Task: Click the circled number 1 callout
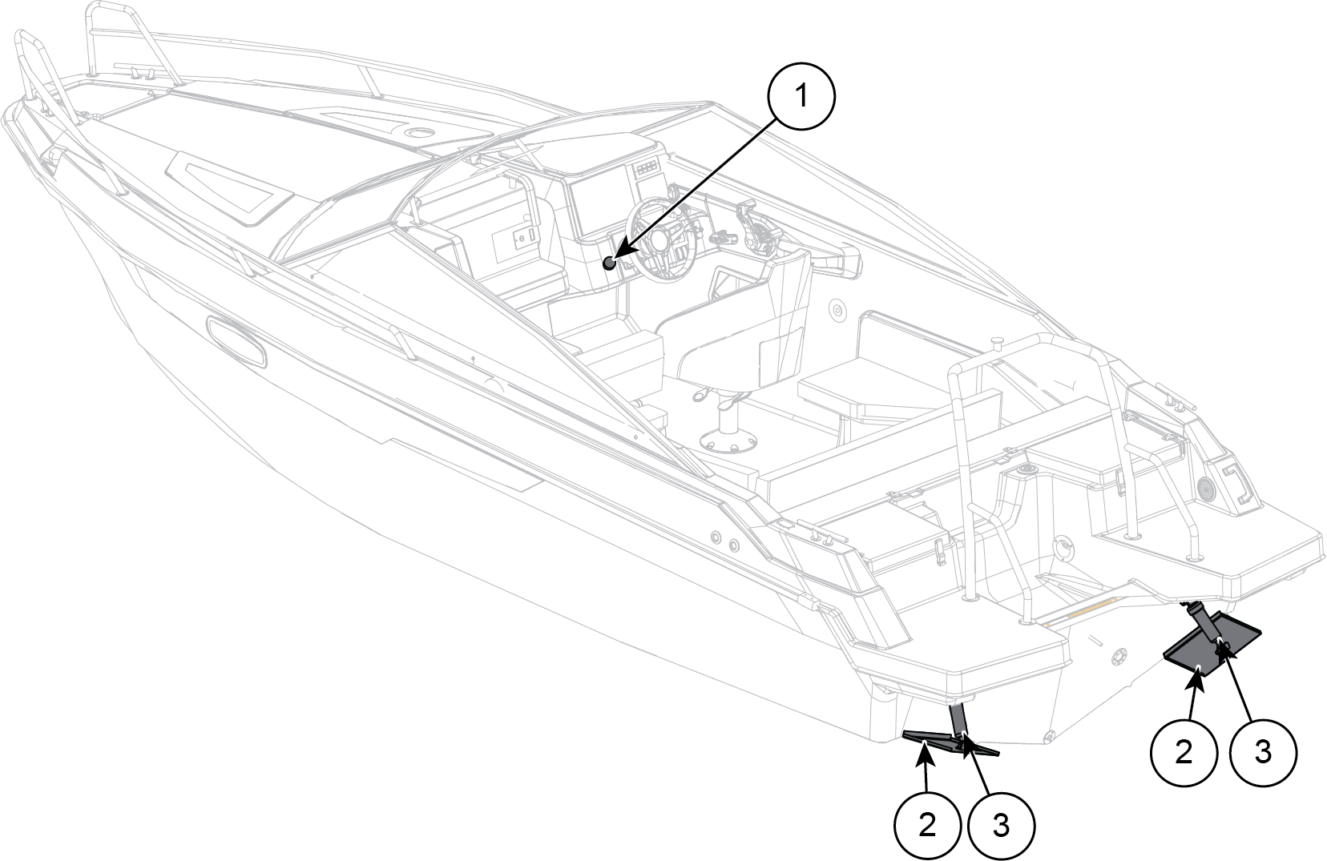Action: click(801, 96)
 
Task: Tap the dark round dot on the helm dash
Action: click(610, 264)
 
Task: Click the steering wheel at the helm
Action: click(662, 239)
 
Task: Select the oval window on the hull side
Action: click(236, 342)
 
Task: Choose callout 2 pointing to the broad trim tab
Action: click(1184, 753)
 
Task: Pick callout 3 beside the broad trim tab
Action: click(1263, 753)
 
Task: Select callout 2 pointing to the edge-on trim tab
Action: click(927, 825)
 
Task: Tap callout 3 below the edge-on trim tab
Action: click(1001, 825)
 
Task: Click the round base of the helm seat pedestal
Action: click(729, 441)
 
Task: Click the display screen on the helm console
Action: click(599, 207)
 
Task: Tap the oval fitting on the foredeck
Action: click(419, 131)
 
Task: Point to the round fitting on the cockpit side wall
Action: click(836, 309)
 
